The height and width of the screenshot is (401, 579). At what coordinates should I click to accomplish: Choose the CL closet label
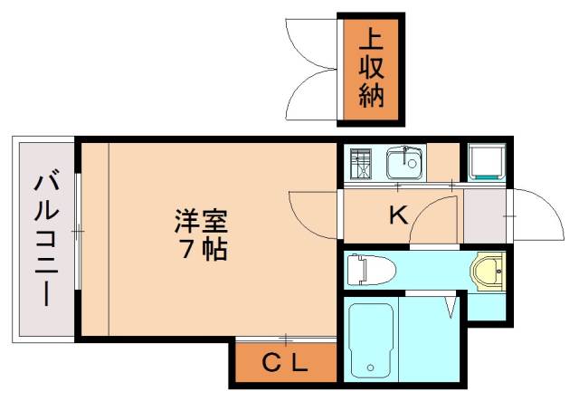[285, 365]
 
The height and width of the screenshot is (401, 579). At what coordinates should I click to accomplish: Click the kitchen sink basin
[403, 165]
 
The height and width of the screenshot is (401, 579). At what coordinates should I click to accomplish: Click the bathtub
[370, 340]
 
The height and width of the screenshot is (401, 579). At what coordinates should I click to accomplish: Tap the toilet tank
[355, 268]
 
